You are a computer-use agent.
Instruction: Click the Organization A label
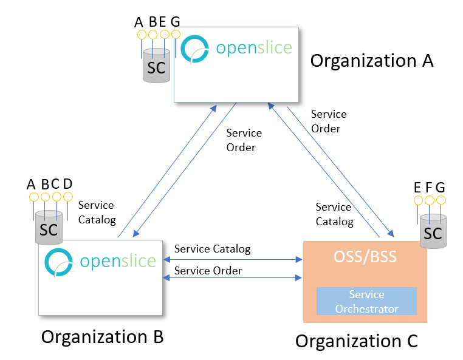[x=372, y=61]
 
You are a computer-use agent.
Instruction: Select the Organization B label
[x=102, y=336]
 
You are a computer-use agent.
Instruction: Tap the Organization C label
[x=357, y=341]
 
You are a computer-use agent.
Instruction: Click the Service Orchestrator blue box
[x=366, y=301]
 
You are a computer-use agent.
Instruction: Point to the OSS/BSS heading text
[x=365, y=257]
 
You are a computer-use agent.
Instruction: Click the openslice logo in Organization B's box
[x=100, y=261]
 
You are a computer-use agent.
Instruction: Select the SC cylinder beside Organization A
[x=156, y=66]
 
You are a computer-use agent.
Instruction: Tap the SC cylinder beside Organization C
[x=433, y=232]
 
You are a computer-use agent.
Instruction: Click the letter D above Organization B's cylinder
[x=67, y=184]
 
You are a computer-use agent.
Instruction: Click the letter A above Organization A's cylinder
[x=139, y=22]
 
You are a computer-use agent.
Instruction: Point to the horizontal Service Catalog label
[x=212, y=249]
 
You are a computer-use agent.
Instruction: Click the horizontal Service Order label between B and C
[x=208, y=271]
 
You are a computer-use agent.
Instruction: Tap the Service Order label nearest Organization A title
[x=329, y=121]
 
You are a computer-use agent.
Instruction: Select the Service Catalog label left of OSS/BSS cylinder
[x=334, y=214]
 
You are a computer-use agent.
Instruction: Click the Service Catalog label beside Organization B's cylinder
[x=96, y=212]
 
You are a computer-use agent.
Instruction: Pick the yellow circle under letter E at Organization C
[x=417, y=200]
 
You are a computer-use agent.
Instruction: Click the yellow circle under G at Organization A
[x=176, y=35]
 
